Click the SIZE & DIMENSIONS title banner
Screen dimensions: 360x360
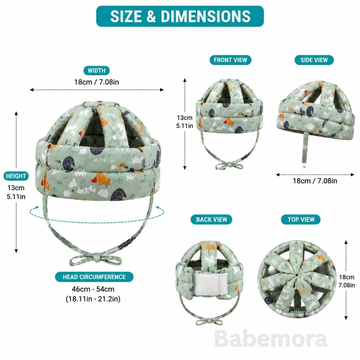[x=180, y=16]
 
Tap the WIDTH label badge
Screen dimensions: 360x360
[x=96, y=71]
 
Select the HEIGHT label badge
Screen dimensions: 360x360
[x=16, y=176]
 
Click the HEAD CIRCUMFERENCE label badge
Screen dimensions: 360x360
[x=94, y=277]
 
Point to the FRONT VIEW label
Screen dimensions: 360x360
[x=230, y=60]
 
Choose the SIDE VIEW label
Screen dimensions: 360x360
[x=314, y=60]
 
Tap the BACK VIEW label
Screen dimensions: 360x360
[x=211, y=219]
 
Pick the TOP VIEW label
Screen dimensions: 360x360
[x=301, y=219]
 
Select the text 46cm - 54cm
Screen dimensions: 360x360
[x=93, y=289]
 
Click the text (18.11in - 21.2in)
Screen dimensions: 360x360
[x=93, y=299]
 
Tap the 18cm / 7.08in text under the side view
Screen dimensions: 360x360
[x=315, y=181]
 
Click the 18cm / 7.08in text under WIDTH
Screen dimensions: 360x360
[x=96, y=82]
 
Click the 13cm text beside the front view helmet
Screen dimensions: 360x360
[x=185, y=118]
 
